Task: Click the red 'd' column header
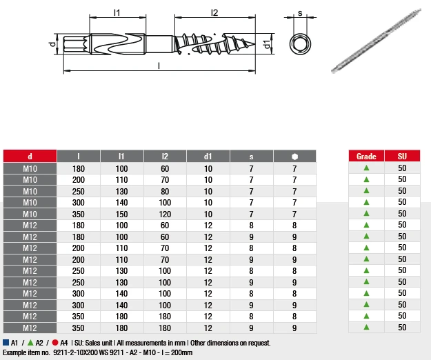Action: coord(30,156)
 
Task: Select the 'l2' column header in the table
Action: coord(165,156)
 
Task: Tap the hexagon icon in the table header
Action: coord(294,157)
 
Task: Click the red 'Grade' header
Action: coord(366,156)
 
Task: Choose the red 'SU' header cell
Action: coord(402,156)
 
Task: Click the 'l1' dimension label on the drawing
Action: coord(117,12)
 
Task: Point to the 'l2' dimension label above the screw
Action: coord(214,12)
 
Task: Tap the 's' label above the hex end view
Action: coord(300,13)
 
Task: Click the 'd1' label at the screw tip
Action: coord(267,44)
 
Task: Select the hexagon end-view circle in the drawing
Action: coord(300,44)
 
